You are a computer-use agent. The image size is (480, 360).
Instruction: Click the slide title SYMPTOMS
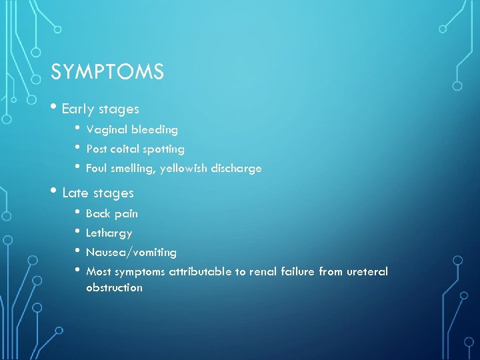click(107, 72)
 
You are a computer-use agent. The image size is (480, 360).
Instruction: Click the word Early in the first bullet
click(78, 109)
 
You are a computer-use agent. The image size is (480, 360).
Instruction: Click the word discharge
click(237, 169)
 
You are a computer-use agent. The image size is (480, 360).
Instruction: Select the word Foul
click(97, 169)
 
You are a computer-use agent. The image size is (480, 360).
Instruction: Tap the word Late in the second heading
click(75, 193)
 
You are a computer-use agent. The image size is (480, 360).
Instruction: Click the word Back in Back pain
click(99, 213)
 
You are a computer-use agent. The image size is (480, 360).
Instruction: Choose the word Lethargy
click(109, 233)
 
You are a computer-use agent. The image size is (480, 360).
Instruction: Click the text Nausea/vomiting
click(131, 253)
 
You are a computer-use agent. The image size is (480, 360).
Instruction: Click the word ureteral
click(367, 272)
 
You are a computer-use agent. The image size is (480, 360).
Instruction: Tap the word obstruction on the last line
click(114, 288)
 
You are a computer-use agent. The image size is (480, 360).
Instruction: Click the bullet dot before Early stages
click(55, 109)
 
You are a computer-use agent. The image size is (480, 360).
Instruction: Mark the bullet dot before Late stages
click(55, 193)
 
